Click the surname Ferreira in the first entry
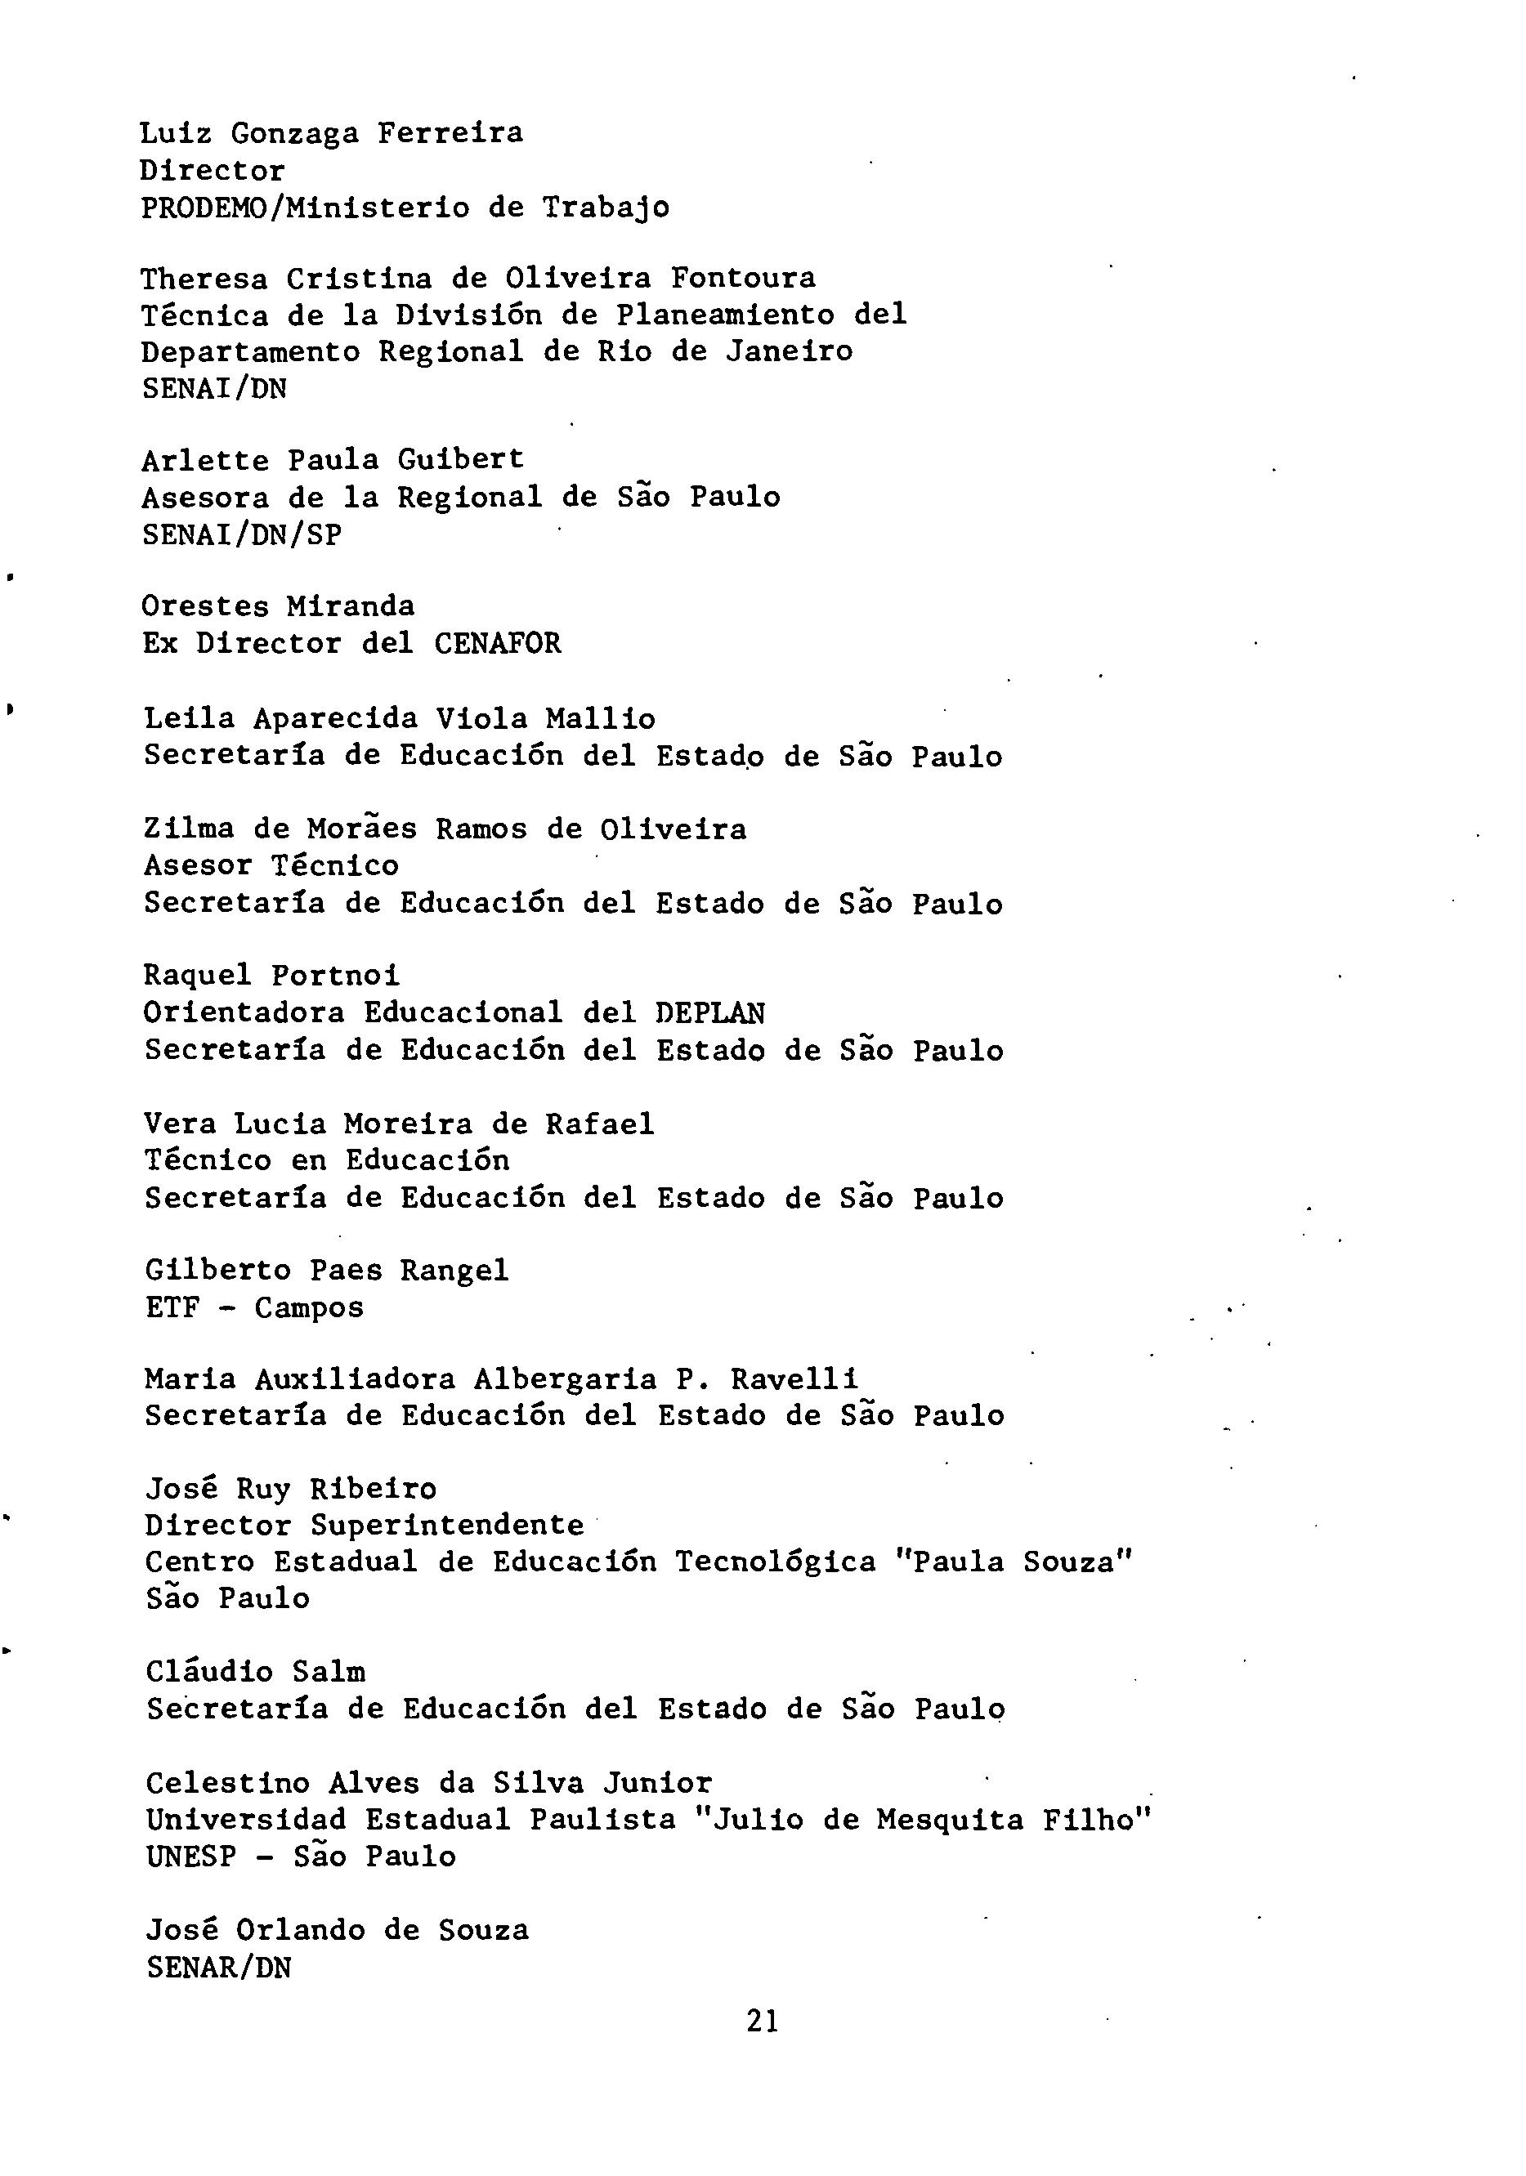tap(450, 132)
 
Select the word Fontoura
tap(743, 278)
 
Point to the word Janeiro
tap(790, 351)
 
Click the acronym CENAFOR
tap(498, 644)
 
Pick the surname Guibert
tap(461, 460)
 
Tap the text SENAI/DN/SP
tap(242, 534)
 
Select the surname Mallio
tap(600, 718)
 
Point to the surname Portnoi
tap(336, 975)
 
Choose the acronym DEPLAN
tap(710, 1013)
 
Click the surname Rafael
tap(599, 1124)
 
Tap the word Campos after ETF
tap(309, 1308)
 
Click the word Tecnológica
tap(776, 1562)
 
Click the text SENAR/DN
tap(219, 1968)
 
